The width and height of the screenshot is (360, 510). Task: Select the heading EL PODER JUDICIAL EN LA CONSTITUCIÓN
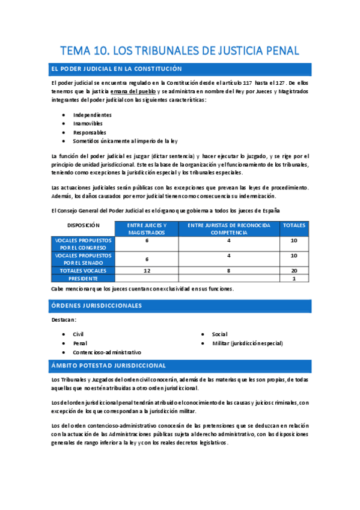point(118,69)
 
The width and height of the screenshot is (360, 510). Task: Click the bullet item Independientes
point(92,114)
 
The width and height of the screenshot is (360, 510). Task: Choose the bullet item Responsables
point(90,132)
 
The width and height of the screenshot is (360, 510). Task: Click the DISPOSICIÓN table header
point(83,226)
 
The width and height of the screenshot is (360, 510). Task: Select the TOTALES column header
point(294,226)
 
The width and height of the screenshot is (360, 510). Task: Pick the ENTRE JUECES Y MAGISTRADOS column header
point(147,229)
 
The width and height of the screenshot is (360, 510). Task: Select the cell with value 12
point(147,271)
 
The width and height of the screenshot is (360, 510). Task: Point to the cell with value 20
point(294,271)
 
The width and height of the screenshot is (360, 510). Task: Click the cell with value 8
point(229,271)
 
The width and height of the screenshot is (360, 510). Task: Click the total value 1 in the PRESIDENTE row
point(294,278)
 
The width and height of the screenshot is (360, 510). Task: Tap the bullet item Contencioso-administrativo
point(107,352)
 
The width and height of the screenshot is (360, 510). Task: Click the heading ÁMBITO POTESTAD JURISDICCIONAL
point(110,366)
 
